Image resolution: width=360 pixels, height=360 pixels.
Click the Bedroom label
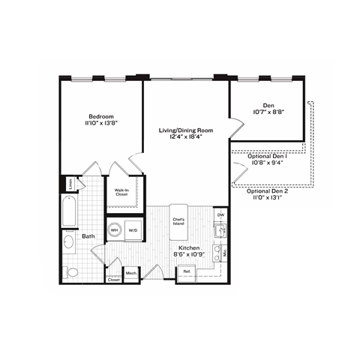coord(100,116)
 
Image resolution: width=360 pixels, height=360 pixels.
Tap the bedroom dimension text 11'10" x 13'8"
coord(100,124)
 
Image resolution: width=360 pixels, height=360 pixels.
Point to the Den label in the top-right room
coord(268,105)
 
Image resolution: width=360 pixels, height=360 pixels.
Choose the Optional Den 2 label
coord(267,190)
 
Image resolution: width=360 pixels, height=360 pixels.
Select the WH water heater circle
coord(115,229)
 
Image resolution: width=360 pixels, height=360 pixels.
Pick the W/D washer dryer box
coord(133,229)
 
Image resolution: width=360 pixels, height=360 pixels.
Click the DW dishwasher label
coord(220,215)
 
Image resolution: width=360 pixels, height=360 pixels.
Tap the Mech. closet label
coord(131,274)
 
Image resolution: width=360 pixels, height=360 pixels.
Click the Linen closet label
coord(69,183)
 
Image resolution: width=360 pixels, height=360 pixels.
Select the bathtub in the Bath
coord(70,213)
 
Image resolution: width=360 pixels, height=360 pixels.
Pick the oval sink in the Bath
coord(68,241)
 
